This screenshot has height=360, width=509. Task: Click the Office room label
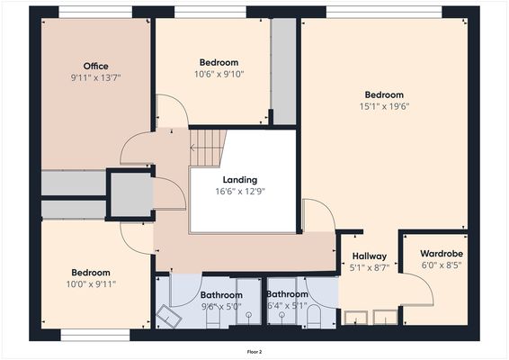(95, 67)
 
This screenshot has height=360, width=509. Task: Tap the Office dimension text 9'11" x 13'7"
(95, 78)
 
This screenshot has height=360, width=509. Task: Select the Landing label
(240, 179)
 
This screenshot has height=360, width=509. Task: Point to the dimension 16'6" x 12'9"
(240, 191)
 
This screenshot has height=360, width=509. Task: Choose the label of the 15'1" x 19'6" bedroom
(384, 94)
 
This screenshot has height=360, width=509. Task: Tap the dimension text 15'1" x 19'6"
(384, 106)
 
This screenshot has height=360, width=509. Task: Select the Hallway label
(369, 256)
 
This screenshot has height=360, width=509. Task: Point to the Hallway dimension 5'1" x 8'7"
(369, 268)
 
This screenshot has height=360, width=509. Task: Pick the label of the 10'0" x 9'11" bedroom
(91, 273)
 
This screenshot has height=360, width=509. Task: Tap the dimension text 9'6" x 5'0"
(221, 306)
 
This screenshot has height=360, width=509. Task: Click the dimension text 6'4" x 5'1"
(288, 306)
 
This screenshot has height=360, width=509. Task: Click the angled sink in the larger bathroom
(169, 315)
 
